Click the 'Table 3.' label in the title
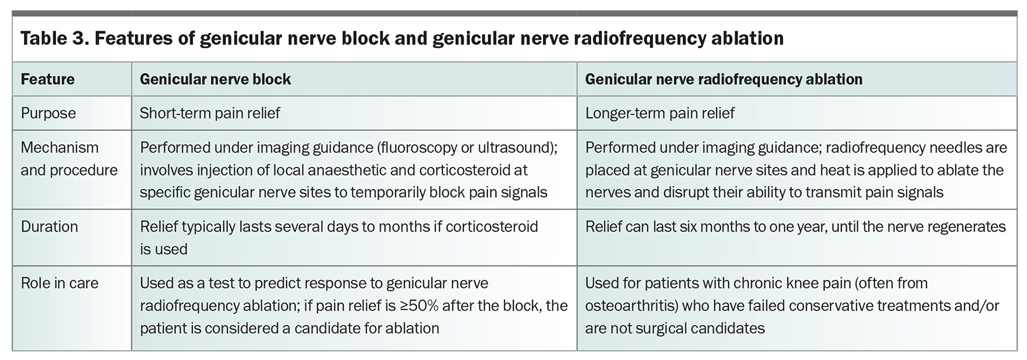tap(54, 38)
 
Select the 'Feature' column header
tap(48, 79)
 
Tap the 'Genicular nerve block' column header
tap(215, 79)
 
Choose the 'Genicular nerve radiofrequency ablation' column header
tap(724, 79)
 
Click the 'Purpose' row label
tap(48, 114)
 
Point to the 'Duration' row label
tap(49, 227)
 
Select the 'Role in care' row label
tap(60, 283)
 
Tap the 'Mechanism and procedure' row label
tap(68, 159)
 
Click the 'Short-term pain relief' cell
tap(210, 114)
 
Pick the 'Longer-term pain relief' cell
tap(660, 114)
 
